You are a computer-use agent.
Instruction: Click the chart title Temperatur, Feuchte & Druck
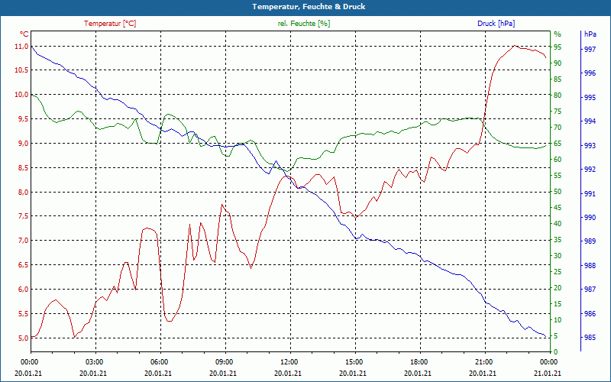point(305,7)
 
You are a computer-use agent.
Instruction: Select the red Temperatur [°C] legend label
point(110,24)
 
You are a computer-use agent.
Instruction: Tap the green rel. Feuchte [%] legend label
point(304,24)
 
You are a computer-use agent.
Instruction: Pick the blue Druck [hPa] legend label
point(496,24)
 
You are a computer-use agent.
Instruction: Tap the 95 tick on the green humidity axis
point(558,47)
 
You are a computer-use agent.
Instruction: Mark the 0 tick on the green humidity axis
point(555,351)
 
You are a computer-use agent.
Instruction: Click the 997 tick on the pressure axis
point(589,49)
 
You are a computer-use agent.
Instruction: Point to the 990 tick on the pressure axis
point(589,218)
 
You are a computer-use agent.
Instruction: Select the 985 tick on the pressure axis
point(589,338)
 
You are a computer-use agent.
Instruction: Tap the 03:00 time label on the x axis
point(95,361)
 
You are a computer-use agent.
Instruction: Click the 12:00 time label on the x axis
point(289,361)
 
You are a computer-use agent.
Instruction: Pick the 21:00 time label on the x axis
point(483,361)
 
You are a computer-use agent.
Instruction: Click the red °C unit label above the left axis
point(24,34)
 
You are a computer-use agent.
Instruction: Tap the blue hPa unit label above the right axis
point(590,34)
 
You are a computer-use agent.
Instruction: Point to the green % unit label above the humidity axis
point(557,34)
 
